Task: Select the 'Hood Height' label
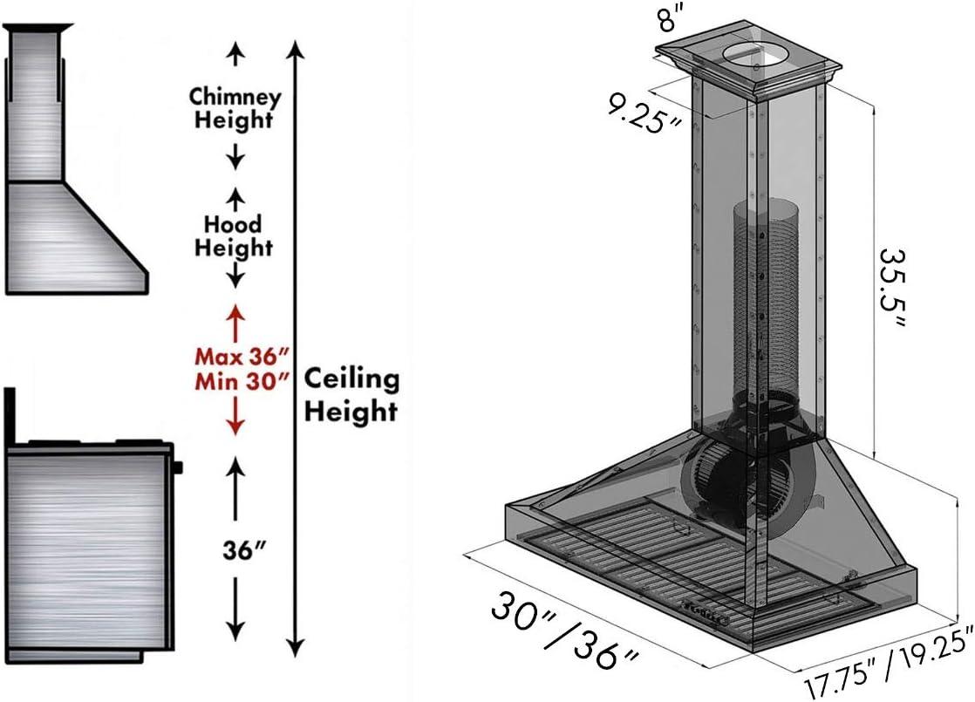233,236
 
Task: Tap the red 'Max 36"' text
241,357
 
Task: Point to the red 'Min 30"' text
241,382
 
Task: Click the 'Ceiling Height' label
351,394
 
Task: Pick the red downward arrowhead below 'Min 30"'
234,426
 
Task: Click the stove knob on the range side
179,467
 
